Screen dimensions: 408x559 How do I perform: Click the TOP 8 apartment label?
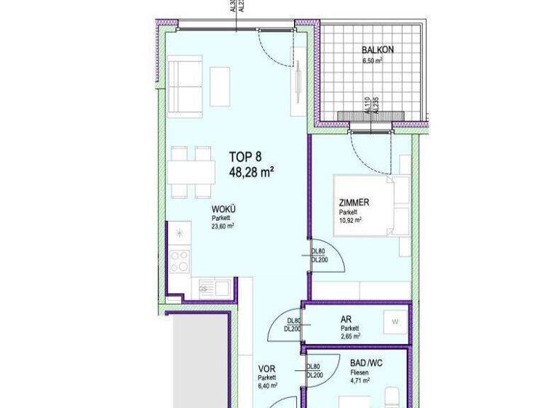pyautogui.click(x=245, y=156)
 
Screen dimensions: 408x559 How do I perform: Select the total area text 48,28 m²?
pyautogui.click(x=250, y=173)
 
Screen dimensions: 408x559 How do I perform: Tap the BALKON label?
pyautogui.click(x=378, y=50)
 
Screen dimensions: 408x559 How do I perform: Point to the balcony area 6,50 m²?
pyautogui.click(x=373, y=61)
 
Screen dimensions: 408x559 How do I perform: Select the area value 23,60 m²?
pyautogui.click(x=223, y=226)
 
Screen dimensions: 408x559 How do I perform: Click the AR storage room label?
pyautogui.click(x=346, y=318)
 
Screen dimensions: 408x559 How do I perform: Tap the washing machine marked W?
pyautogui.click(x=395, y=321)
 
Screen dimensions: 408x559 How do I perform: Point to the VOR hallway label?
pyautogui.click(x=266, y=369)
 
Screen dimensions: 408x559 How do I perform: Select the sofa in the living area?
pyautogui.click(x=186, y=88)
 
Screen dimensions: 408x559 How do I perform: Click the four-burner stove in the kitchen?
pyautogui.click(x=179, y=261)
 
